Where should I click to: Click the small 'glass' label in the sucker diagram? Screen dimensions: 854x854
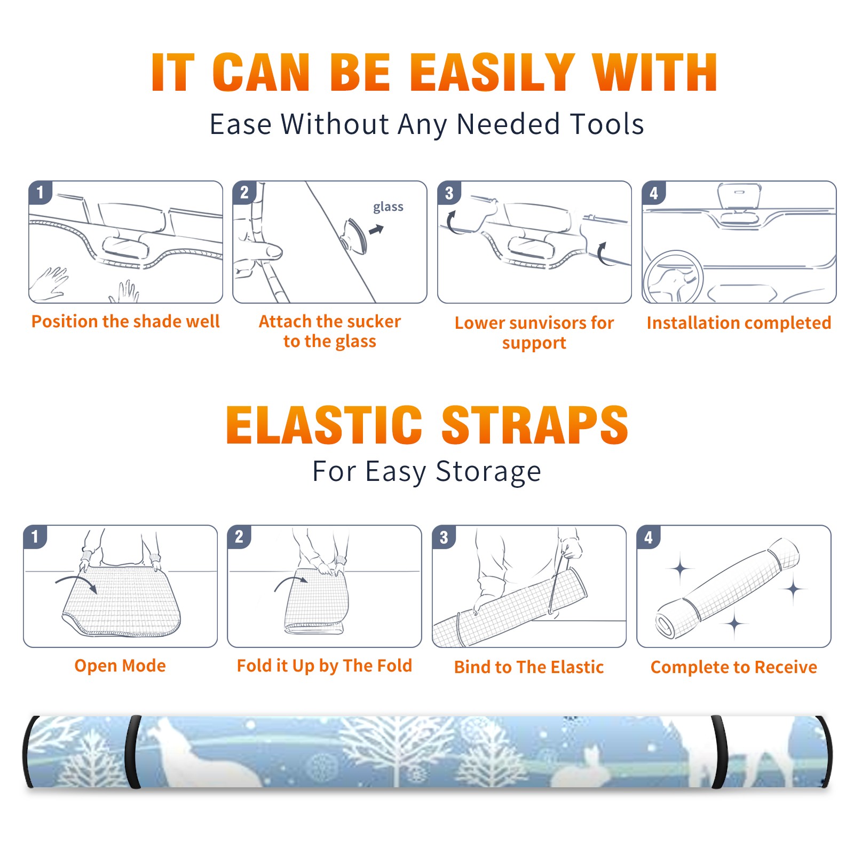(388, 207)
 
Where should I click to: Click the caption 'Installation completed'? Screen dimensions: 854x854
(739, 322)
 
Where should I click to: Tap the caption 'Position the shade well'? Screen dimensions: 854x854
(125, 321)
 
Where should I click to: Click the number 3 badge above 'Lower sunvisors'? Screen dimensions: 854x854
(449, 193)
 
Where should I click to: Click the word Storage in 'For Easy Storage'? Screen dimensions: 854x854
(488, 472)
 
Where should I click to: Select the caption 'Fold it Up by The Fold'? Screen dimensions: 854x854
(325, 666)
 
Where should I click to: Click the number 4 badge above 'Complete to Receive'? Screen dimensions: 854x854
(649, 537)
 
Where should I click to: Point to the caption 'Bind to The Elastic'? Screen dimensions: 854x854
(529, 667)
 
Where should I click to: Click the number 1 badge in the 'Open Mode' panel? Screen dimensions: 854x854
(35, 537)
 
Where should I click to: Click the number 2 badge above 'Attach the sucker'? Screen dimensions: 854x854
(244, 193)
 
